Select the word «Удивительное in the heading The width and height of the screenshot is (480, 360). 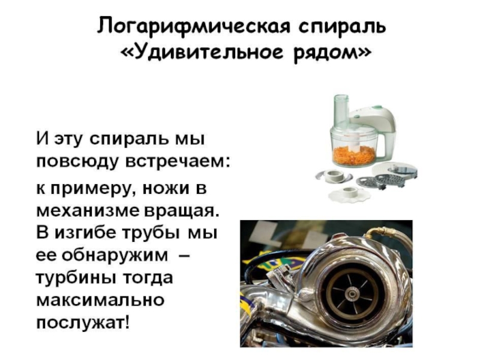(x=202, y=53)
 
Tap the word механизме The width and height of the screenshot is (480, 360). (x=87, y=211)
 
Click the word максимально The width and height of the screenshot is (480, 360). (x=100, y=301)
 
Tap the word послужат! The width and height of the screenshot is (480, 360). (x=83, y=323)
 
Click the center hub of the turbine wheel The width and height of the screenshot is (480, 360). (x=350, y=295)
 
